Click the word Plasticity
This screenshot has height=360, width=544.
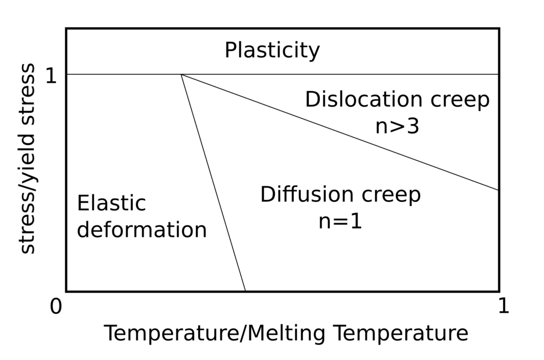click(x=272, y=51)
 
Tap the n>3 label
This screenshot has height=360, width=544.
click(x=397, y=126)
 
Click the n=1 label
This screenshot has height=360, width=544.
click(x=340, y=221)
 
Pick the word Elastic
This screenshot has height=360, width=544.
click(x=111, y=203)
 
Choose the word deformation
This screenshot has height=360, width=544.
click(x=142, y=230)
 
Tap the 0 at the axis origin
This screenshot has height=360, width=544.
click(x=56, y=306)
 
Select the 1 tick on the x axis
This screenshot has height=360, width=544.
click(x=503, y=306)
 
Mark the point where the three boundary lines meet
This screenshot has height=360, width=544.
click(x=181, y=74)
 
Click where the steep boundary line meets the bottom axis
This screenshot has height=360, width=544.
click(x=245, y=291)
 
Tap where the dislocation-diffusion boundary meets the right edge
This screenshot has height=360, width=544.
click(x=498, y=190)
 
